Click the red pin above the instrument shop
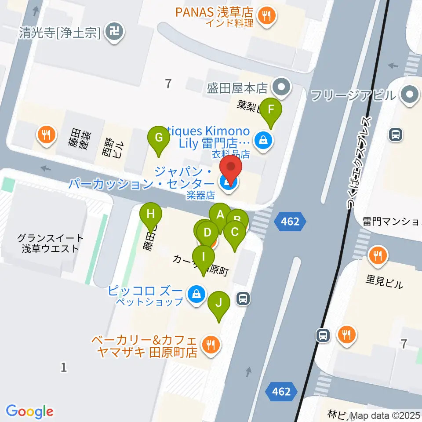(231, 169)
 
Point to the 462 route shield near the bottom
(281, 391)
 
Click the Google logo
(30, 411)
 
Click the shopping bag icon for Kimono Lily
(262, 141)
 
